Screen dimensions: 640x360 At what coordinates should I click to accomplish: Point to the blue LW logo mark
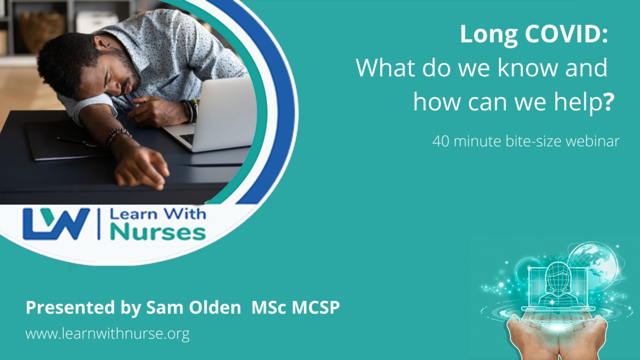56,224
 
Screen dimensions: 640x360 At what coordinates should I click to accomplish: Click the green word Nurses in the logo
158,233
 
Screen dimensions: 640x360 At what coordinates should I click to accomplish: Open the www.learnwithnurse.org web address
107,334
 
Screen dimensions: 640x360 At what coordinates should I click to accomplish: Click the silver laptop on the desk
211,114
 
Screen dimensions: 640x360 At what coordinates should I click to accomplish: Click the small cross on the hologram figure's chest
552,302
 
